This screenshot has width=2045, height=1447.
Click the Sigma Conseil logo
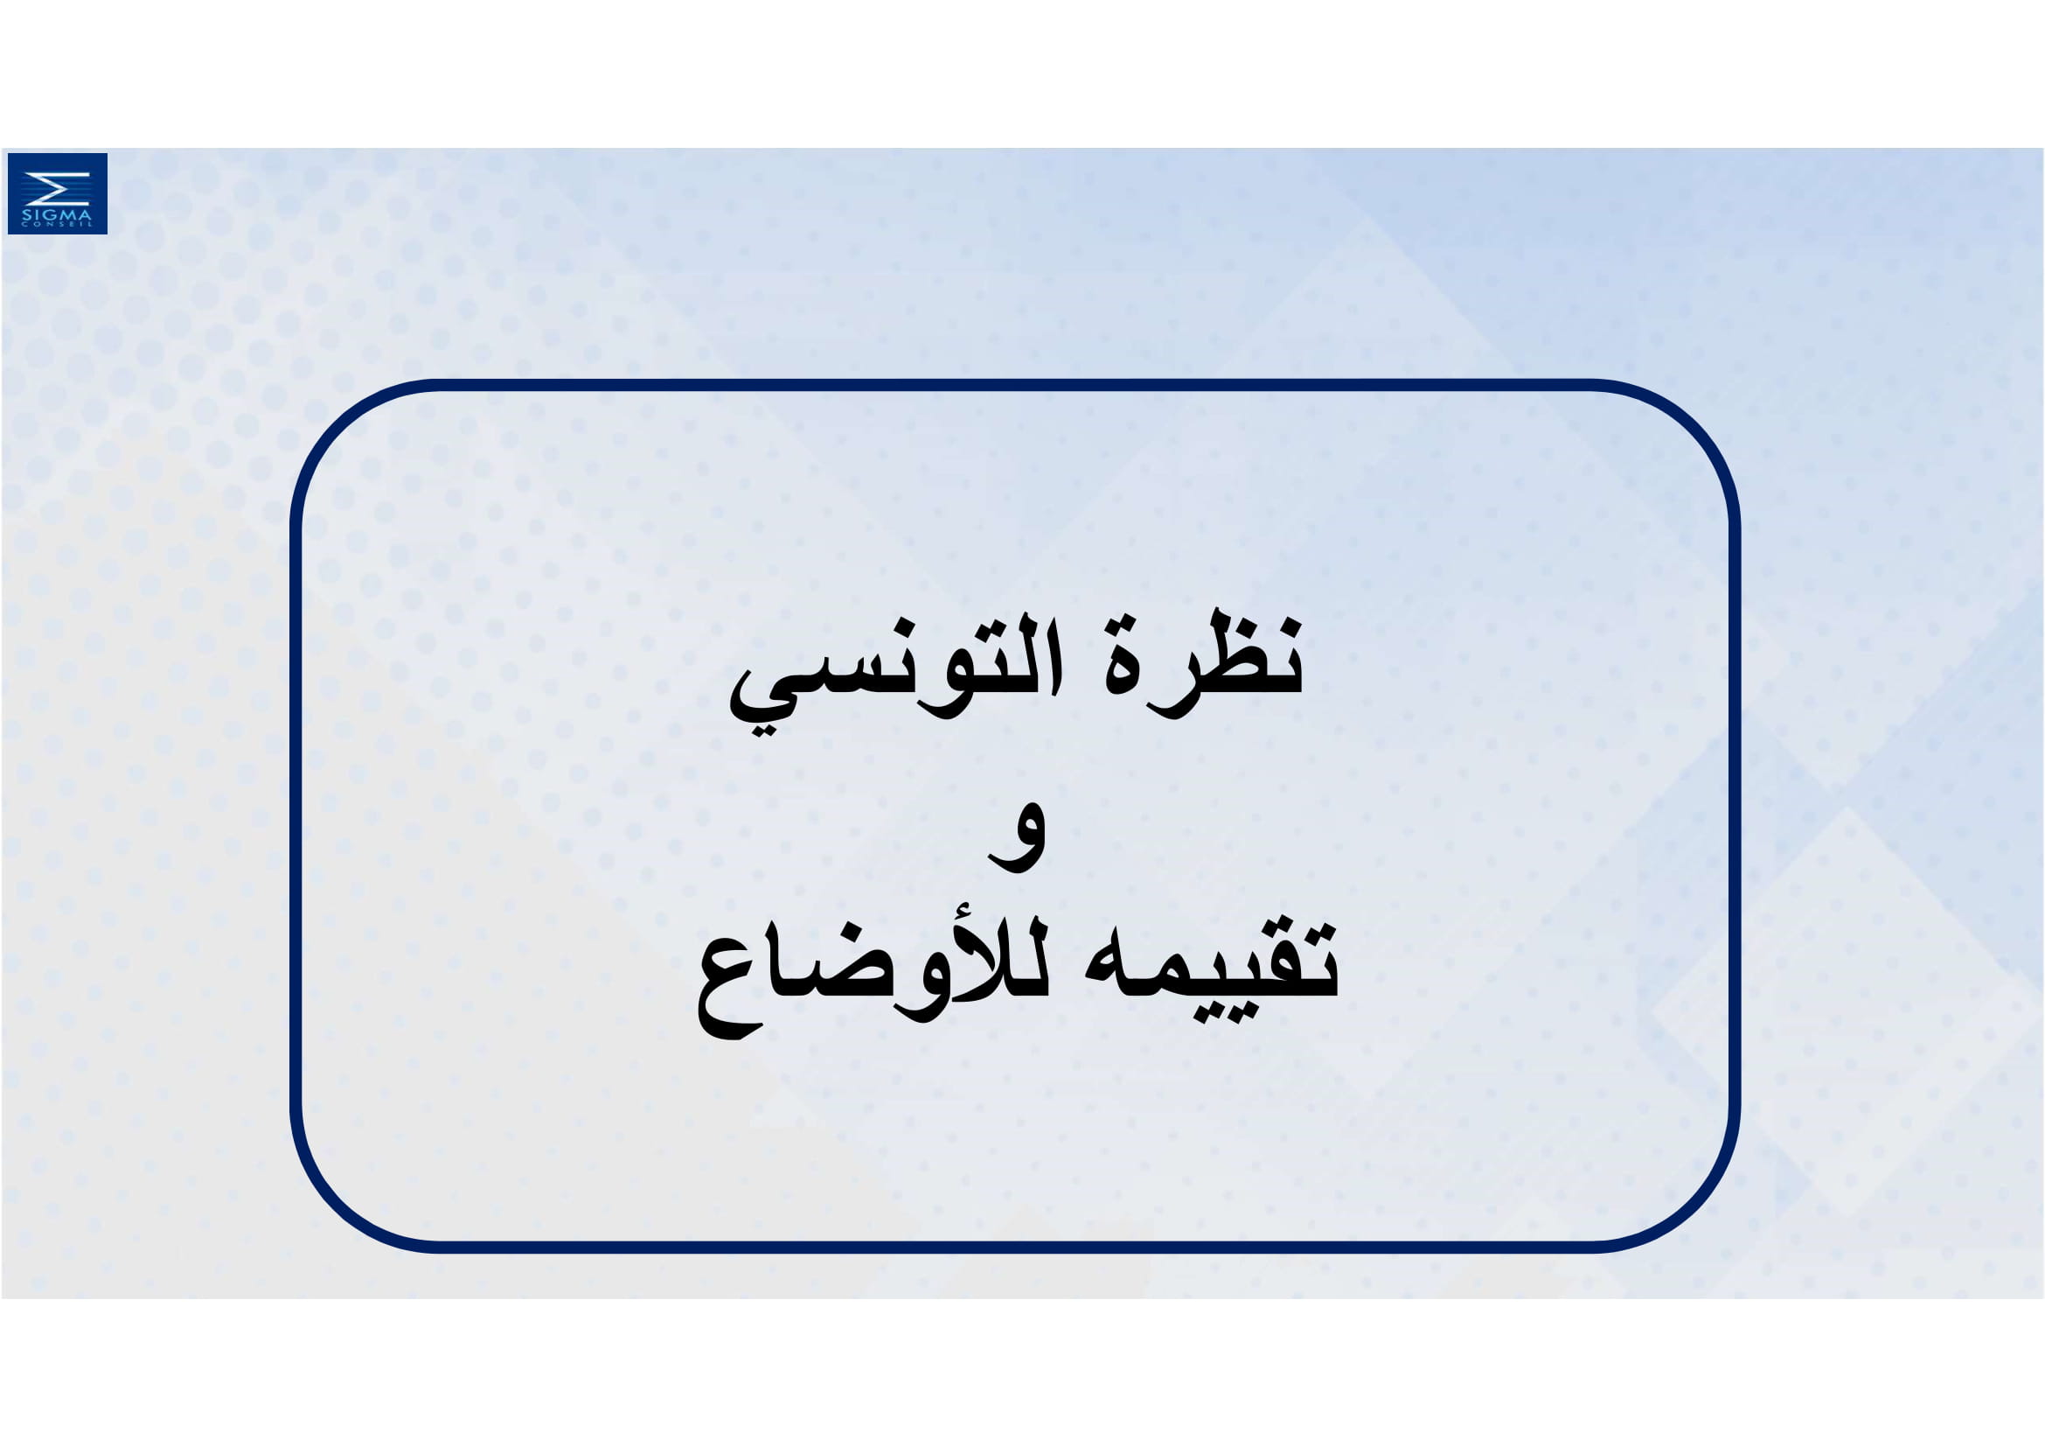[58, 193]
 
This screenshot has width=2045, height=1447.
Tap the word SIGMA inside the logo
[57, 214]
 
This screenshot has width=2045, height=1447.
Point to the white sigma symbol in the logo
[57, 188]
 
